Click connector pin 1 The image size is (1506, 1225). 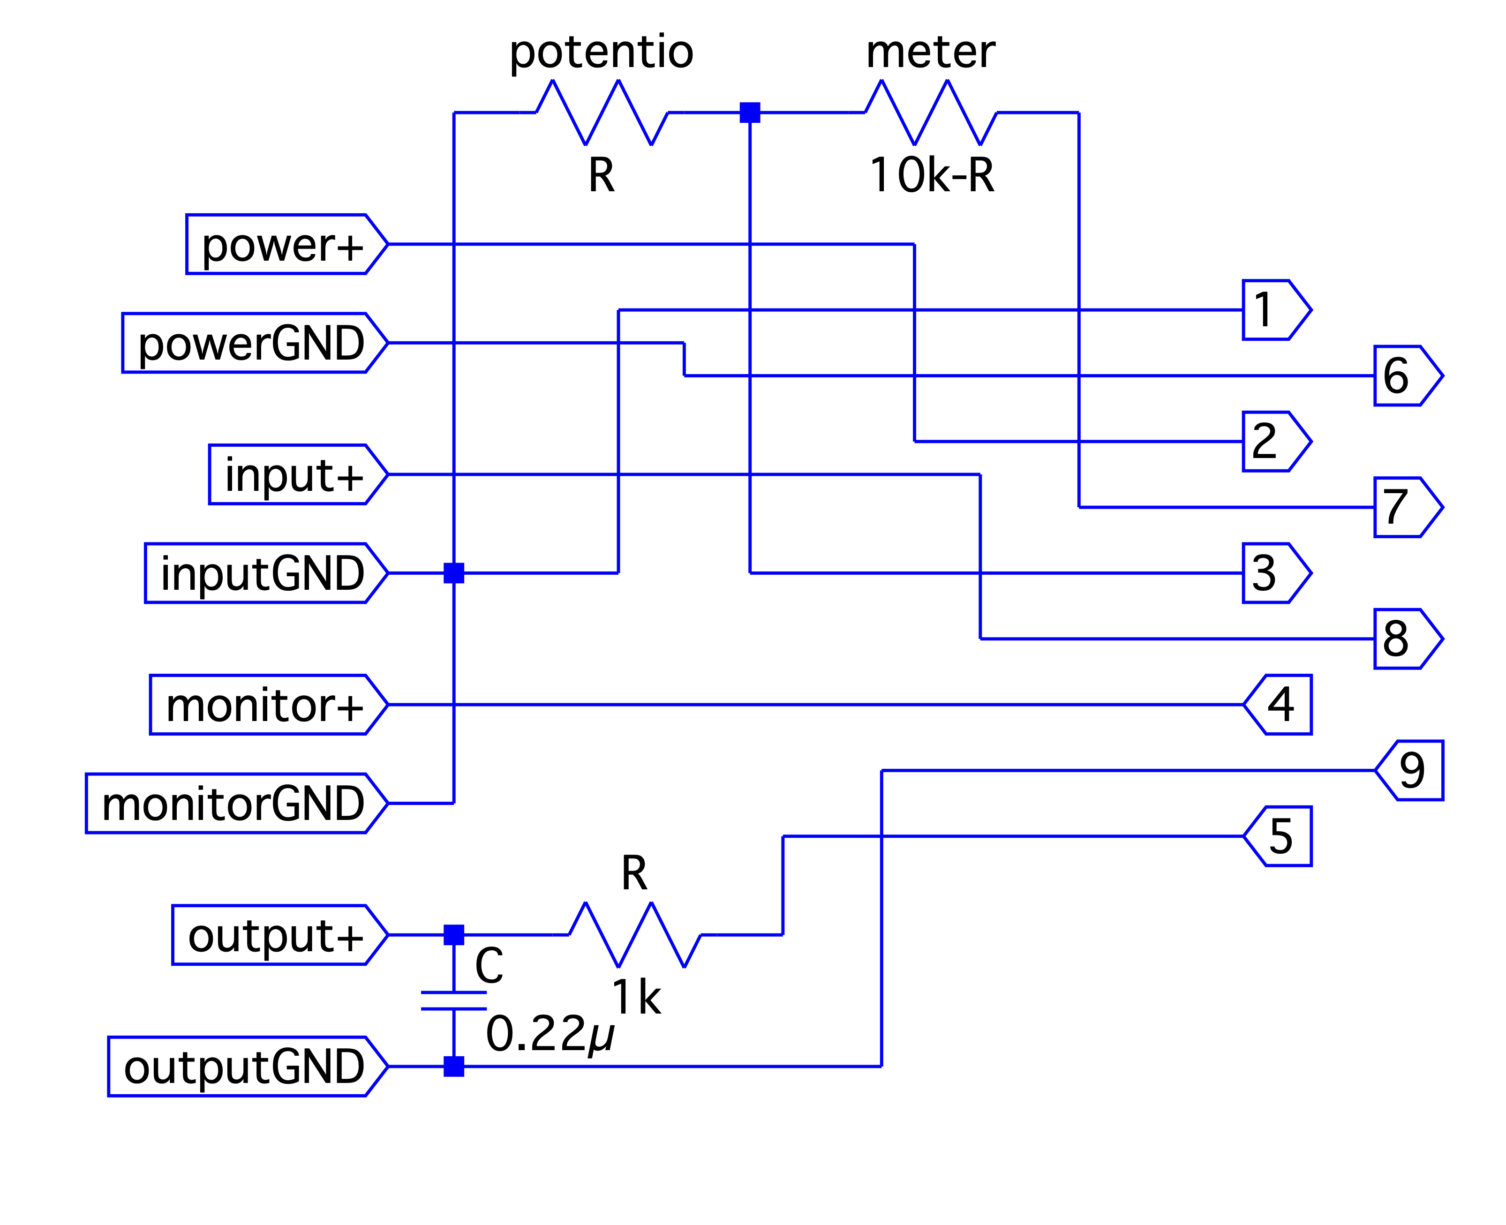[x=1274, y=310]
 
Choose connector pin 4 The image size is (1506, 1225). [x=1279, y=705]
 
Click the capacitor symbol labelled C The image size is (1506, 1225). [x=454, y=1000]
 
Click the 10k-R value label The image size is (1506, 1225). [x=932, y=175]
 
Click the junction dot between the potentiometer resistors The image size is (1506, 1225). [x=749, y=112]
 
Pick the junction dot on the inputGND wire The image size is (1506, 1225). [x=454, y=573]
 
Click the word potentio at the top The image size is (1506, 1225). [x=601, y=52]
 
